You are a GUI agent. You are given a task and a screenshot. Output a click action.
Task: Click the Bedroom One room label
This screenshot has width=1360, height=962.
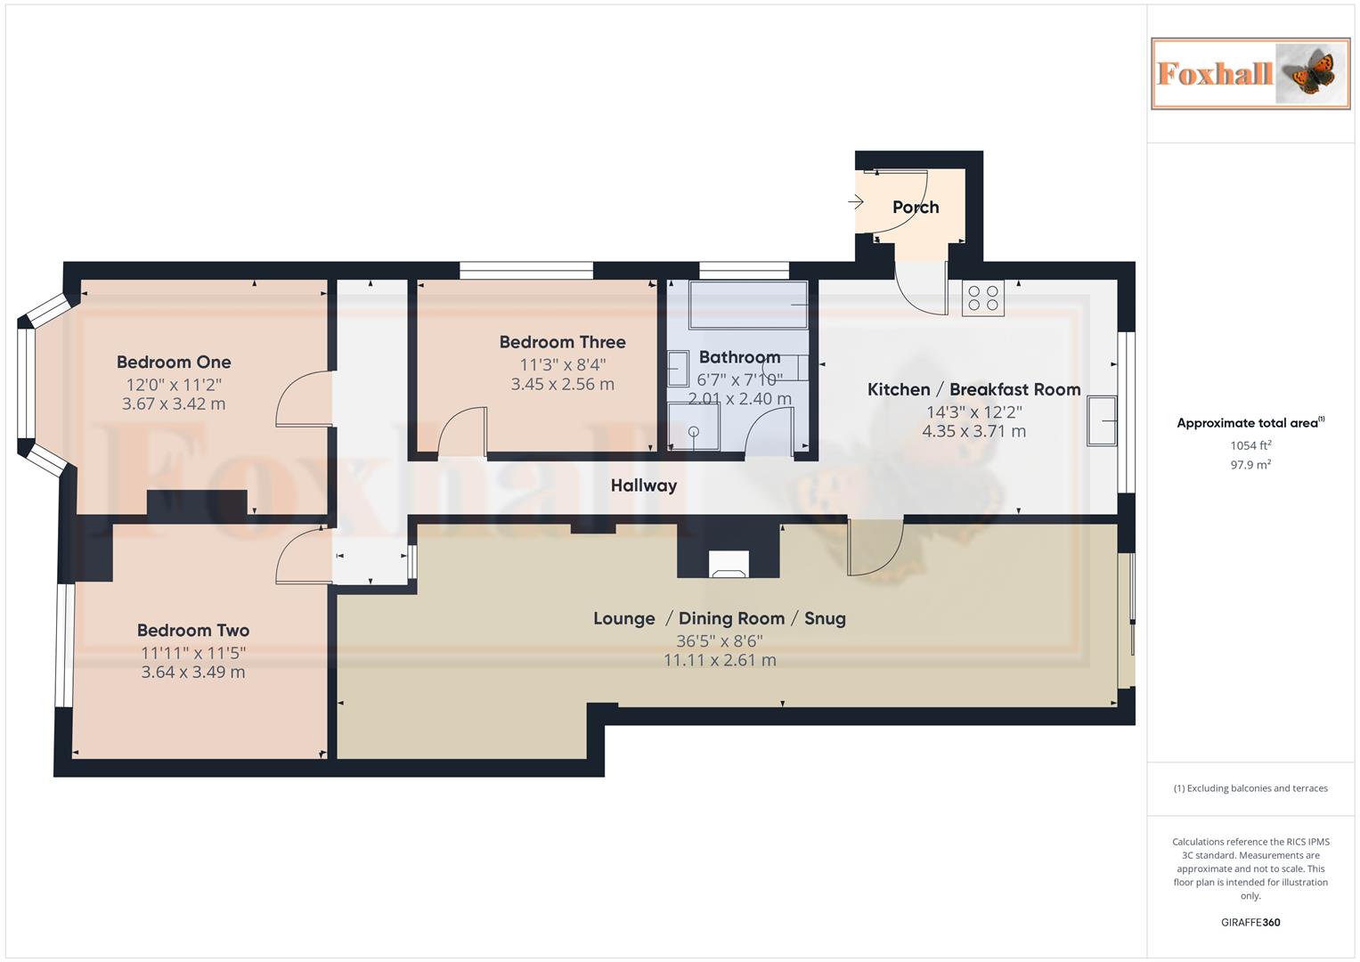[174, 363]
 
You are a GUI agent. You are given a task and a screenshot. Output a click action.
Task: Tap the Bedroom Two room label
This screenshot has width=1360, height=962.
[192, 631]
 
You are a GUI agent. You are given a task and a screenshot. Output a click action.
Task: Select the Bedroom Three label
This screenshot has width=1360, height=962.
[562, 342]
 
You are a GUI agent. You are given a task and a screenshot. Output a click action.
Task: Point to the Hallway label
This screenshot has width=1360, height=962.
[643, 485]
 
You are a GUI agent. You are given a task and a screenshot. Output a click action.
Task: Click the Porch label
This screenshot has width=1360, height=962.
[916, 208]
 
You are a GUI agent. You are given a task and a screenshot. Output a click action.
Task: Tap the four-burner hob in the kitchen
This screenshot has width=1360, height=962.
[982, 298]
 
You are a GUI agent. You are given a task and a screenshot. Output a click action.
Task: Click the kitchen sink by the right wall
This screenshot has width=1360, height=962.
[1102, 420]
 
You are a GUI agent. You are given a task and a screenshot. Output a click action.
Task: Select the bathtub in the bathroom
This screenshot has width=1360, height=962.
[747, 305]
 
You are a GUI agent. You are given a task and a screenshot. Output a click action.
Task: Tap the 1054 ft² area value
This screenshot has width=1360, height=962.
[1250, 445]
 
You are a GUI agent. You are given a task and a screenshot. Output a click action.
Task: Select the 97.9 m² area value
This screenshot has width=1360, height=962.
[1250, 465]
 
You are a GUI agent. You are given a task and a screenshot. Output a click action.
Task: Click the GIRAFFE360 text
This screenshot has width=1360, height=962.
[1250, 923]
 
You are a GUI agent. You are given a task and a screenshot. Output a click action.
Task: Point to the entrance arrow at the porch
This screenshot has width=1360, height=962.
[856, 202]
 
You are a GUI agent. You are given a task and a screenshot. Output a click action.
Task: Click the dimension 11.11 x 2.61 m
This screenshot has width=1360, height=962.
[720, 661]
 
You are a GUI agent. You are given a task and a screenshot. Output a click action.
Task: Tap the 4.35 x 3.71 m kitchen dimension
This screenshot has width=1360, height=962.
[973, 431]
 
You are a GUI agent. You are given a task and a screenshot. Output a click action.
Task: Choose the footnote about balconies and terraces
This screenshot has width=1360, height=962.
[1250, 788]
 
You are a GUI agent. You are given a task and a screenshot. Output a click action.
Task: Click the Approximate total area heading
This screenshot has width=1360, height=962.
[1250, 423]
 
